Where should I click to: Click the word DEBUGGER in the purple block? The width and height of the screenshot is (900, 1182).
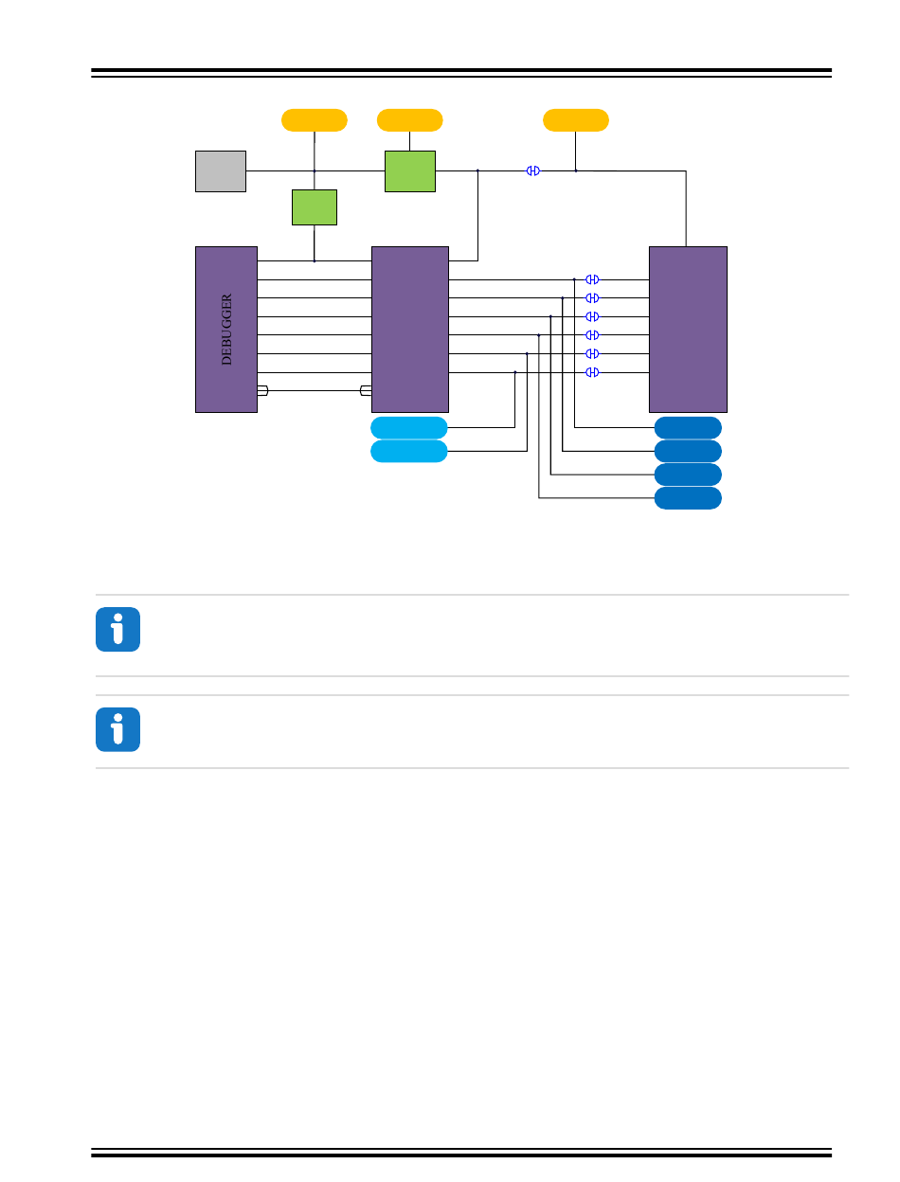[x=226, y=330]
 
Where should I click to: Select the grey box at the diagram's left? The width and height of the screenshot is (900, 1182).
[x=221, y=171]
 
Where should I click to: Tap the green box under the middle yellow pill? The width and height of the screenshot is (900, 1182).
[x=410, y=171]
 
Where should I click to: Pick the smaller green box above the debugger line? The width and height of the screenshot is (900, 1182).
[x=315, y=207]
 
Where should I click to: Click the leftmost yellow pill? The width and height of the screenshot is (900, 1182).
[x=315, y=120]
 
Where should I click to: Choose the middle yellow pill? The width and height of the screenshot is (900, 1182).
[x=410, y=120]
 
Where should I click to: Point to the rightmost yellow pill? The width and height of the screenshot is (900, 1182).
[x=576, y=120]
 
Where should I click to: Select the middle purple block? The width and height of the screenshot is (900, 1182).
[x=410, y=330]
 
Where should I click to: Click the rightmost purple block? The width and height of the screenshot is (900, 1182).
[x=688, y=330]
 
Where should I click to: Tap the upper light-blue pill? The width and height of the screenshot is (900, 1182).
[x=409, y=427]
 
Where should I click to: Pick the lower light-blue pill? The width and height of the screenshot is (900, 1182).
[x=409, y=451]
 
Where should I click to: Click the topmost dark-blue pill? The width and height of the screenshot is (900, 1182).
[x=688, y=427]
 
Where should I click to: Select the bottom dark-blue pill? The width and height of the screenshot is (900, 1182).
[x=688, y=498]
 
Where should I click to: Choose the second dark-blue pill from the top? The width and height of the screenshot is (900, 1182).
[x=688, y=451]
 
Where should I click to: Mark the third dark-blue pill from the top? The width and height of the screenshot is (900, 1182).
[x=688, y=475]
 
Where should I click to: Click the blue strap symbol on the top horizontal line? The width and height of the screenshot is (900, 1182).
[x=533, y=170]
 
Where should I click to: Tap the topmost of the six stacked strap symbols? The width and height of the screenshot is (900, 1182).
[x=592, y=279]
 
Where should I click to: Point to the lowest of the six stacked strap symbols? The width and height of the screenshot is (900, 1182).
[x=592, y=372]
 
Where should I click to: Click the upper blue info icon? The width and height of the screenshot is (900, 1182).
[x=117, y=630]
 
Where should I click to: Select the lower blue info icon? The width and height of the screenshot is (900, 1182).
[x=117, y=730]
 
